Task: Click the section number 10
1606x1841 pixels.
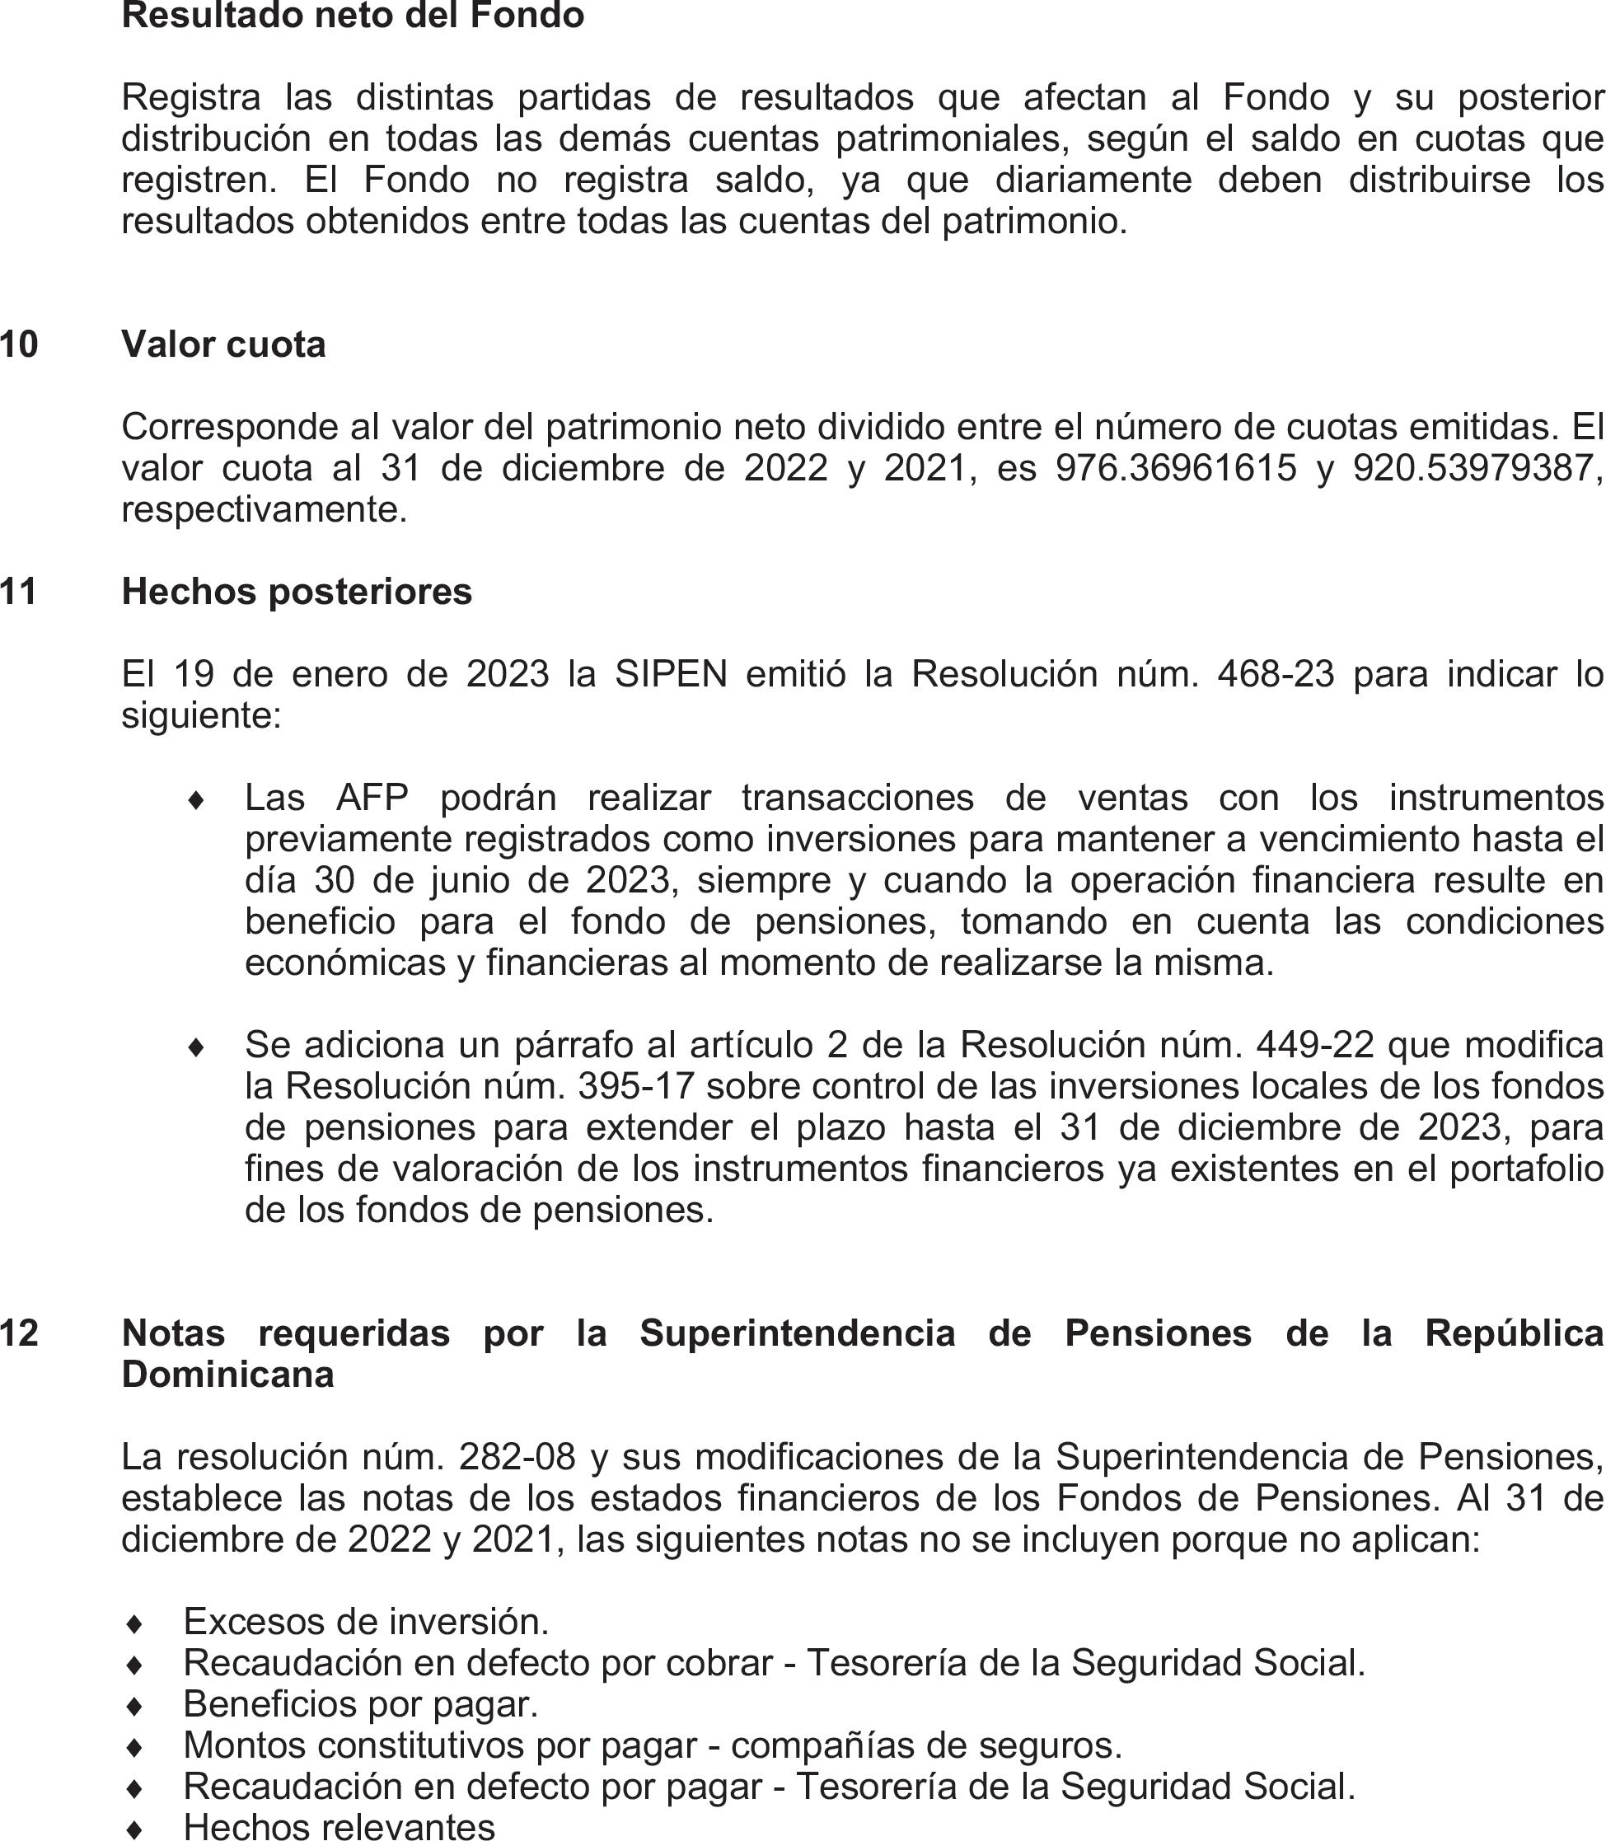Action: coord(20,345)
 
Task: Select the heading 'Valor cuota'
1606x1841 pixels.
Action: coord(223,345)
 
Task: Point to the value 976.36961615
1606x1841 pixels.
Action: coord(1176,469)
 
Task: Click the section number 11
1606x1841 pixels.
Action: coord(20,593)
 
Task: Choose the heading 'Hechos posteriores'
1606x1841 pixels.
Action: coord(297,593)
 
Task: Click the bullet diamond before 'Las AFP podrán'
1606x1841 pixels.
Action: coord(196,800)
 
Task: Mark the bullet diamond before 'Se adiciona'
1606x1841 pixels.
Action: coord(196,1047)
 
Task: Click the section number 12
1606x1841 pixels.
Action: coord(20,1333)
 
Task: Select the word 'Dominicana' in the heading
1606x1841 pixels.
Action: coord(227,1375)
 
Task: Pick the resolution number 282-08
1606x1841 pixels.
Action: coord(516,1457)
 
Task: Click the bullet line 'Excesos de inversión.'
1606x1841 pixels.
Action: coord(366,1622)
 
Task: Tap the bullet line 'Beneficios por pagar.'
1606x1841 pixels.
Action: coord(360,1704)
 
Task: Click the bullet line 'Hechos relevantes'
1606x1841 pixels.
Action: coord(339,1827)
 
